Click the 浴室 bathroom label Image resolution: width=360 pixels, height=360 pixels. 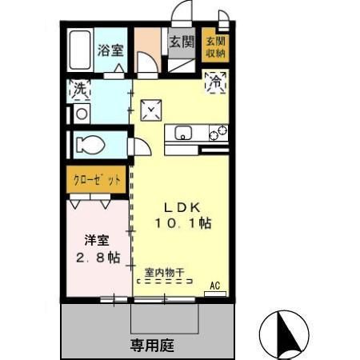[110, 50]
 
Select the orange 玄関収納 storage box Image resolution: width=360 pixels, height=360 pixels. [214, 46]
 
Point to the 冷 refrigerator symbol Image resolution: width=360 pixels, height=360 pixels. [216, 80]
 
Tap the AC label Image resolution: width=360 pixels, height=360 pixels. [214, 284]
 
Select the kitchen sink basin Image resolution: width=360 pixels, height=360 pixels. [180, 134]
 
